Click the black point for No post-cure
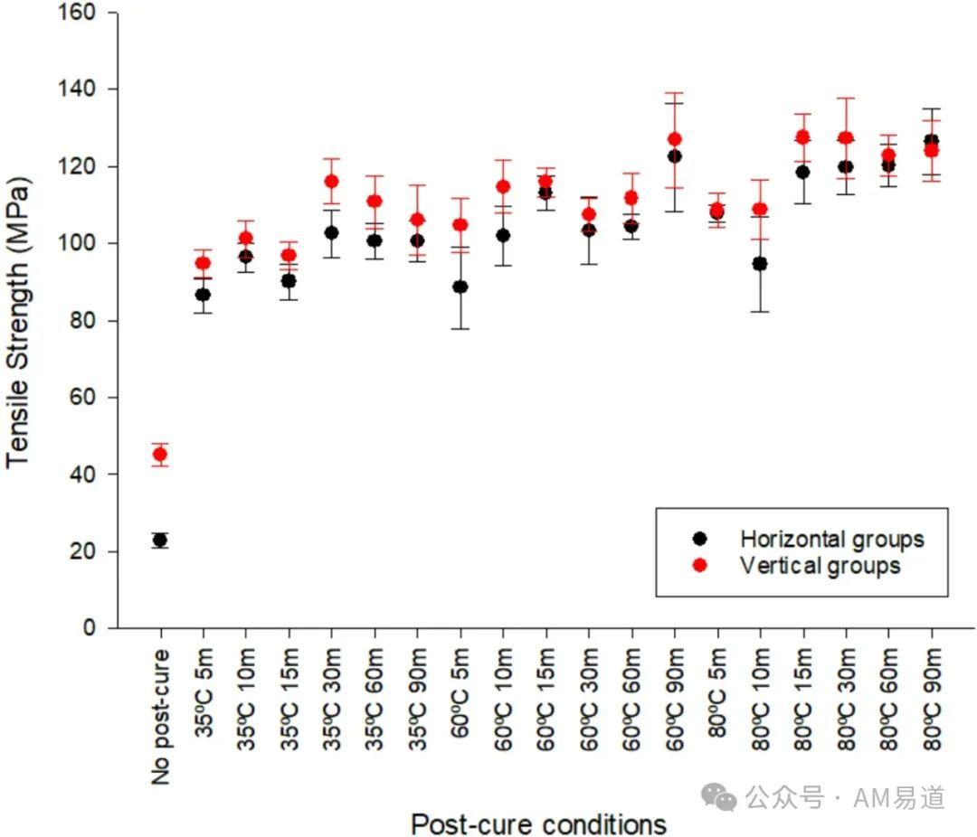tap(160, 541)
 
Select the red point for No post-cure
tap(160, 455)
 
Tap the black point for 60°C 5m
tap(460, 287)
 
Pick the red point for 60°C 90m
tap(674, 139)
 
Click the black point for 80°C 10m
tap(760, 264)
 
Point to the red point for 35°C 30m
tap(331, 181)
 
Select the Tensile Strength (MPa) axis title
tap(19, 321)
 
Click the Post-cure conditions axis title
tap(538, 823)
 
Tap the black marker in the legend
tap(698, 539)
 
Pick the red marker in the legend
tap(698, 565)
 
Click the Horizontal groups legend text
tap(832, 540)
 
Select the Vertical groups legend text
tap(820, 566)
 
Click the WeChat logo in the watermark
tap(720, 796)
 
